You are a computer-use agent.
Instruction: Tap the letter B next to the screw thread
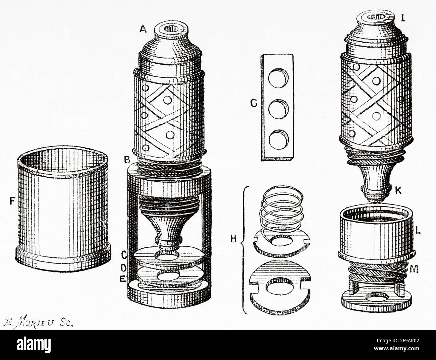pyautogui.click(x=127, y=160)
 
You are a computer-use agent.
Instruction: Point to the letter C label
pyautogui.click(x=124, y=256)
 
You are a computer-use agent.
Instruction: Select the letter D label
pyautogui.click(x=124, y=268)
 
